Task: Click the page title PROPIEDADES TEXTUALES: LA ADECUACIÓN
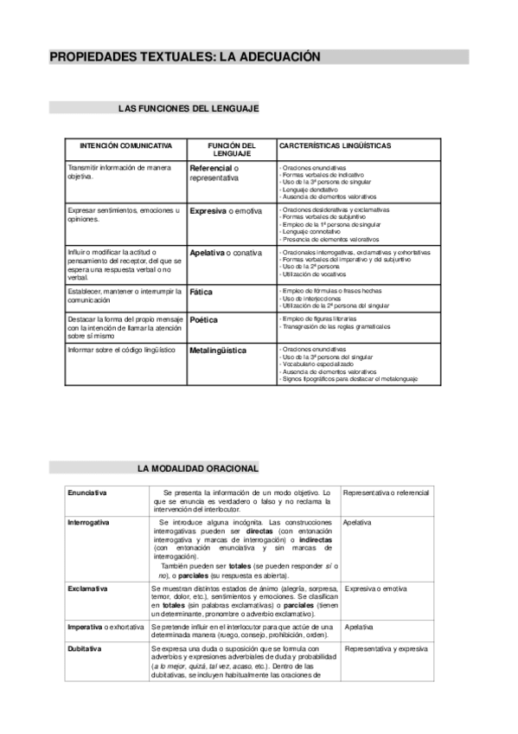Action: click(x=185, y=57)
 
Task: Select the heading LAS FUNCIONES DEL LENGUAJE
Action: click(x=189, y=108)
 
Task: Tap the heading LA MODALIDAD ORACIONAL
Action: click(x=198, y=468)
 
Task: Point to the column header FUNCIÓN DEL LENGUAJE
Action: click(x=231, y=150)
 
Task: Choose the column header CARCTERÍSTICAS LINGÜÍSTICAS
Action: click(x=336, y=145)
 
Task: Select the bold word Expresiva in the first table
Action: click(x=208, y=210)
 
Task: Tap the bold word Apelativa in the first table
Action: click(x=208, y=253)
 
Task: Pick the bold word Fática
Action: click(x=201, y=293)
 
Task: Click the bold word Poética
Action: click(x=203, y=319)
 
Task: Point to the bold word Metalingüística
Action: click(x=218, y=351)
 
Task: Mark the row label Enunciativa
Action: click(x=87, y=493)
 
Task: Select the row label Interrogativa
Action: click(x=89, y=523)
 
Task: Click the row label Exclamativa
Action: click(x=88, y=589)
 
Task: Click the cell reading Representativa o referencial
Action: click(x=386, y=493)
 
